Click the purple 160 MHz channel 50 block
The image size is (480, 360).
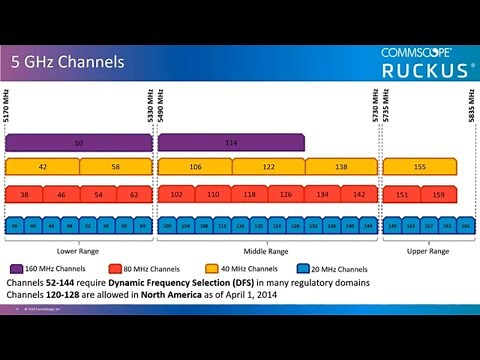coord(79,143)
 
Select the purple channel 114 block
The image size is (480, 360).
coord(231,143)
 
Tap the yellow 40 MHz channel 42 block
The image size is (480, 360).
coord(43,166)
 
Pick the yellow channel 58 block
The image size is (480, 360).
coord(116,166)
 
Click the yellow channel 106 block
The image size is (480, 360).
coord(194,166)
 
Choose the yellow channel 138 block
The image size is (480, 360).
coord(341,166)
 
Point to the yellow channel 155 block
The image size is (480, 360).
coord(420,166)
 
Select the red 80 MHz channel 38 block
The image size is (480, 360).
coord(24,195)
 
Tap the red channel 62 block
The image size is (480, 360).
coord(134,195)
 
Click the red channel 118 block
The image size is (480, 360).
coord(249,195)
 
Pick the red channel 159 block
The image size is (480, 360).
coord(438,195)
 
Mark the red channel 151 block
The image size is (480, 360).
coord(402,195)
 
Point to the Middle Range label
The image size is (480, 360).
coord(267,251)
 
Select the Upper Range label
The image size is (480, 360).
coord(420,251)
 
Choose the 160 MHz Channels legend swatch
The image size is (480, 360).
coord(18,268)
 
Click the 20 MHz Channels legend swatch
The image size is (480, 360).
coord(304,268)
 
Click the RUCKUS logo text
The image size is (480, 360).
coord(424,70)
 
